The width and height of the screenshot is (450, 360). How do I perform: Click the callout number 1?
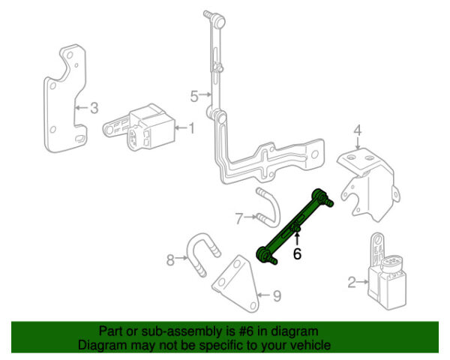(190, 128)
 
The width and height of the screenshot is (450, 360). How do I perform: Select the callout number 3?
(94, 108)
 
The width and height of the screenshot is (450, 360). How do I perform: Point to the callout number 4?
(358, 132)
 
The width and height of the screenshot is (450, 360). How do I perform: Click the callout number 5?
(193, 96)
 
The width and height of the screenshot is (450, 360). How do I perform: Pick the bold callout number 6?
(297, 254)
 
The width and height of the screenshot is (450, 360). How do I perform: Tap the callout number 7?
(239, 219)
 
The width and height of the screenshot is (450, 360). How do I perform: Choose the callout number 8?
(170, 260)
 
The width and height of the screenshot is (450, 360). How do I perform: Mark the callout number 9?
(276, 296)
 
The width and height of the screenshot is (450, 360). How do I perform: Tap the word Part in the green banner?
(110, 331)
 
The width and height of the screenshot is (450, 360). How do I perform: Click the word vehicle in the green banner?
(310, 345)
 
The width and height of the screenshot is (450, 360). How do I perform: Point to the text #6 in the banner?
(247, 331)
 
